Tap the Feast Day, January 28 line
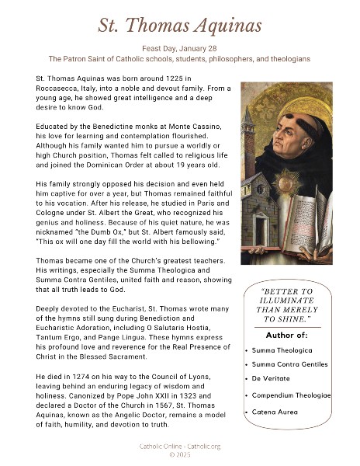[179, 47]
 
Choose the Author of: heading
[287, 335]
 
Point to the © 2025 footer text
[179, 455]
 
